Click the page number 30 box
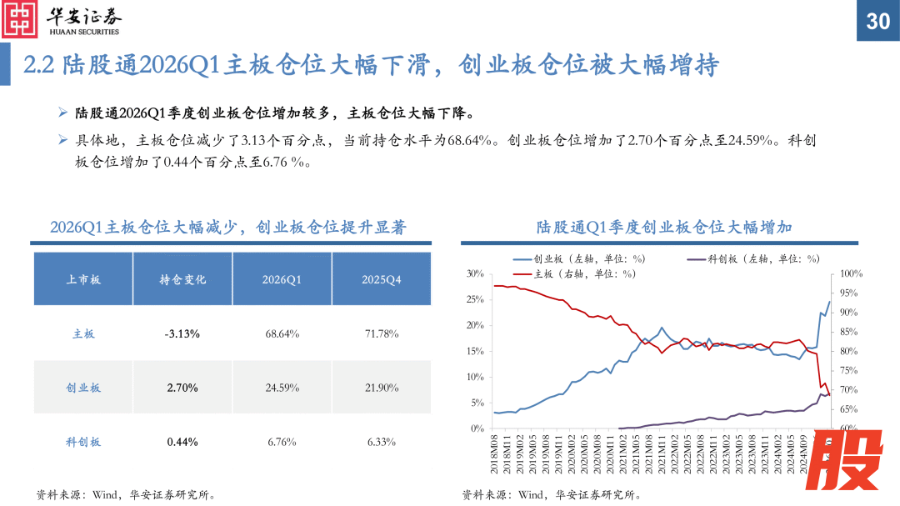point(878,21)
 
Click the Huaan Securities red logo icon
point(21,20)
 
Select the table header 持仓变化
point(182,280)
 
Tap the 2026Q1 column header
point(282,280)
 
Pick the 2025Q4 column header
point(381,280)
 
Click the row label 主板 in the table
point(83,333)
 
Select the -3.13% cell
point(182,333)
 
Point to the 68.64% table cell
point(282,333)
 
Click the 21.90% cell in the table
point(381,388)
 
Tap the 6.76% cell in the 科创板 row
point(282,442)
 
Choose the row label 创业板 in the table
point(83,388)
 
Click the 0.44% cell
point(182,442)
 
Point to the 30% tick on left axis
point(475,273)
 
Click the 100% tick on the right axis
point(850,273)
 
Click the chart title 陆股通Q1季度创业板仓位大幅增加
point(664,227)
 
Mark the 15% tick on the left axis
point(475,351)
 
